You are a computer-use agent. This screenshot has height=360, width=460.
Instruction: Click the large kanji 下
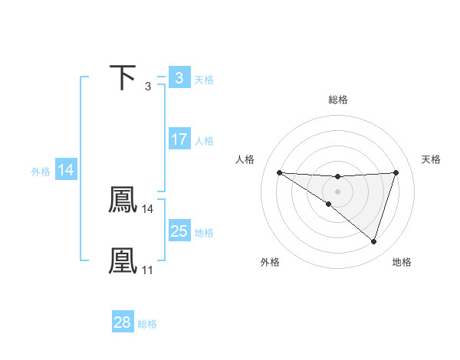(x=123, y=77)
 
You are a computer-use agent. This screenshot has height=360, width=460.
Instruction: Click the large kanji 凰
(x=123, y=260)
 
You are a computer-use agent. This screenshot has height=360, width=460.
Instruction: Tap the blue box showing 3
(x=179, y=77)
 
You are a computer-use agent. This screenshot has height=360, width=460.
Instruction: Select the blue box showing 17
(x=179, y=139)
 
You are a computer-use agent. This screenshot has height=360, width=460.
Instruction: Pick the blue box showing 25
(x=179, y=231)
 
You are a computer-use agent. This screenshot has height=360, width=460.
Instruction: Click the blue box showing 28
(x=123, y=322)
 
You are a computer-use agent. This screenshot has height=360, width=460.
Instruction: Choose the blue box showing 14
(x=66, y=170)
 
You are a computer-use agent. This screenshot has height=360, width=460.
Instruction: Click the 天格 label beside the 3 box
(x=204, y=79)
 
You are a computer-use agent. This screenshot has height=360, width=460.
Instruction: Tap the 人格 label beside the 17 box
(x=204, y=141)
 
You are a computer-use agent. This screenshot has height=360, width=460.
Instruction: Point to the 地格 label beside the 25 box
(x=204, y=232)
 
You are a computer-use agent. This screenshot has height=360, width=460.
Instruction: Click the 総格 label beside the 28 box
(x=147, y=324)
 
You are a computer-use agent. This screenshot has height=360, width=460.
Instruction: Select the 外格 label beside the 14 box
(x=41, y=172)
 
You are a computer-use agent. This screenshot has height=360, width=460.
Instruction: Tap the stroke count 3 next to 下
(x=148, y=86)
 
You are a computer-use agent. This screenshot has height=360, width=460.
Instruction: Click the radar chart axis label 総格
(x=337, y=100)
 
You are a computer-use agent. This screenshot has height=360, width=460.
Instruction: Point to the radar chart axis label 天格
(x=431, y=159)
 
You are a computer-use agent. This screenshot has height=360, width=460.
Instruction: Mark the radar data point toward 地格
(x=374, y=242)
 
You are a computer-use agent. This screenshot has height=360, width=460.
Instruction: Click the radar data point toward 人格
(x=279, y=172)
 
